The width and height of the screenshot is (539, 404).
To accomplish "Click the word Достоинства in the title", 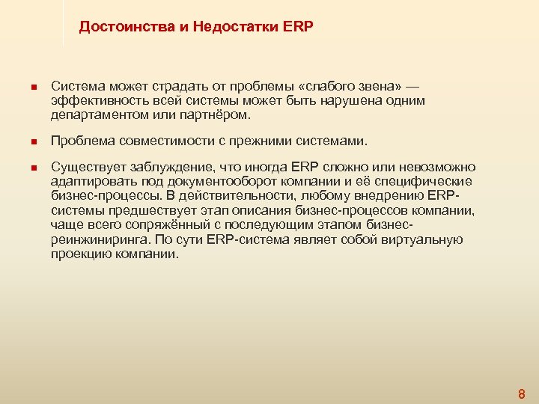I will point(120,28).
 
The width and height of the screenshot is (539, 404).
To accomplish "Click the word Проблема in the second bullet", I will point(80,141).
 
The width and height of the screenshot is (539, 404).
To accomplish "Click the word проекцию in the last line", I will point(78,254).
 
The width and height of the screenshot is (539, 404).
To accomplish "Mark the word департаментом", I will point(100,115).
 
